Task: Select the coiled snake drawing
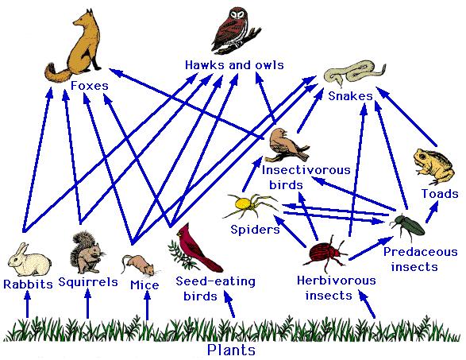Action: coord(353,72)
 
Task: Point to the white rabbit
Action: coord(29,261)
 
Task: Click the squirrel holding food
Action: coord(87,253)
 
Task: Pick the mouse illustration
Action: coord(137,265)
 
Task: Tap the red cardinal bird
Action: coord(196,249)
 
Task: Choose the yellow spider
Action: coord(250,205)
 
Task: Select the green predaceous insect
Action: coord(408,225)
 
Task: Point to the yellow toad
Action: coord(434,166)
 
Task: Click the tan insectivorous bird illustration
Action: coord(287,145)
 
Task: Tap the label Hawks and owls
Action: coord(234,65)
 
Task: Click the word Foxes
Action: coord(90,86)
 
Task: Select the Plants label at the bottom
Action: coord(231,350)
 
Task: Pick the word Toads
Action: coord(440,194)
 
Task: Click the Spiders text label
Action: coord(256,230)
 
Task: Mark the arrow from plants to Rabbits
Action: coord(27,304)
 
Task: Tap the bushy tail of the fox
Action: coord(58,73)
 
